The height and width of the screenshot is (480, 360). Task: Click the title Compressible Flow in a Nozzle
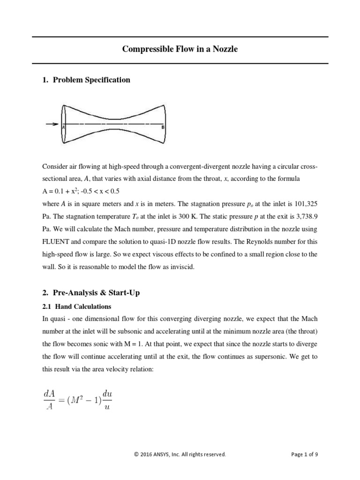[180, 49]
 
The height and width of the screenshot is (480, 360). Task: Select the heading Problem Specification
[91, 80]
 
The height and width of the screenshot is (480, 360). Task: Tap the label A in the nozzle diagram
[63, 126]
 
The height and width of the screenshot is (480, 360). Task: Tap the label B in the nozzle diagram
[162, 126]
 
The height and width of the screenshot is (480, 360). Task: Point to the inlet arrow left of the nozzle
[51, 124]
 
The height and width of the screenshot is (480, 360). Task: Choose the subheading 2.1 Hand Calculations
[77, 307]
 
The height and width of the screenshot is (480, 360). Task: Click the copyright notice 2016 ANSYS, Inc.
[180, 454]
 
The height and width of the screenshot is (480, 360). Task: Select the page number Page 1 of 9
[304, 454]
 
